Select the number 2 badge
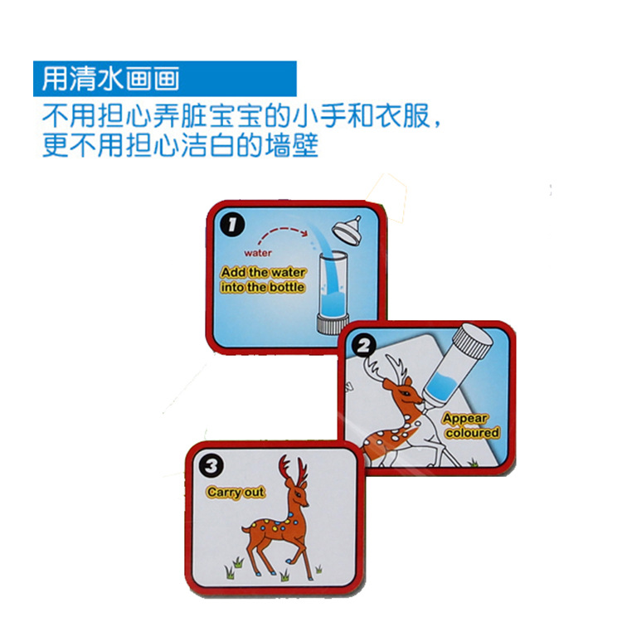(365, 344)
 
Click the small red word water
(258, 253)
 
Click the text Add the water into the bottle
(263, 279)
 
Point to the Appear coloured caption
(471, 425)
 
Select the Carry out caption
(236, 493)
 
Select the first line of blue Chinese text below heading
(241, 116)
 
